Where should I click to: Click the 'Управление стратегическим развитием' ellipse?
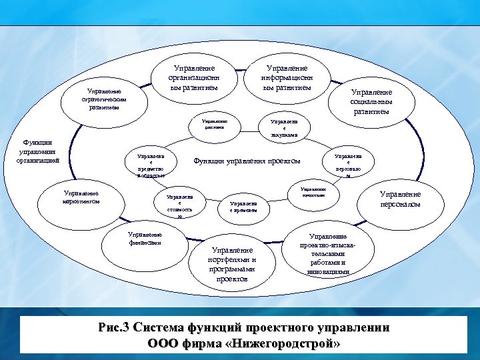tap(102, 100)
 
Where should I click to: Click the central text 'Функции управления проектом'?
tap(247, 161)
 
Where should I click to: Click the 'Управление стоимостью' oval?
tap(179, 206)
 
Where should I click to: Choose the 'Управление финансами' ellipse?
tap(145, 239)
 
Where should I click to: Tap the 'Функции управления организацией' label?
tap(41, 151)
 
